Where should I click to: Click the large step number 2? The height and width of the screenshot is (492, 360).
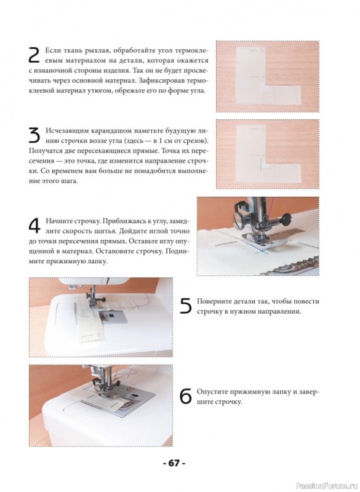point(34,55)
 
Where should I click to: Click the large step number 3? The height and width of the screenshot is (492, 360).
point(34,135)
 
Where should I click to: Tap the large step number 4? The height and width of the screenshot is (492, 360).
point(34,225)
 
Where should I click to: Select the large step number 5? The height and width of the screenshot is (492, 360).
point(185,306)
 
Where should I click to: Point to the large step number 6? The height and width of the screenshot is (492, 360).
point(185,396)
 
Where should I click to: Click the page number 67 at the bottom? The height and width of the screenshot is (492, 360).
point(174,463)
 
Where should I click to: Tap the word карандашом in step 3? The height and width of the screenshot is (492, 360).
point(106,131)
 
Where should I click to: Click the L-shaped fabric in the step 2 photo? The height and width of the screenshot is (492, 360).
point(251,79)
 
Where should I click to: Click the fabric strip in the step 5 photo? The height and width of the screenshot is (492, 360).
point(89,324)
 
